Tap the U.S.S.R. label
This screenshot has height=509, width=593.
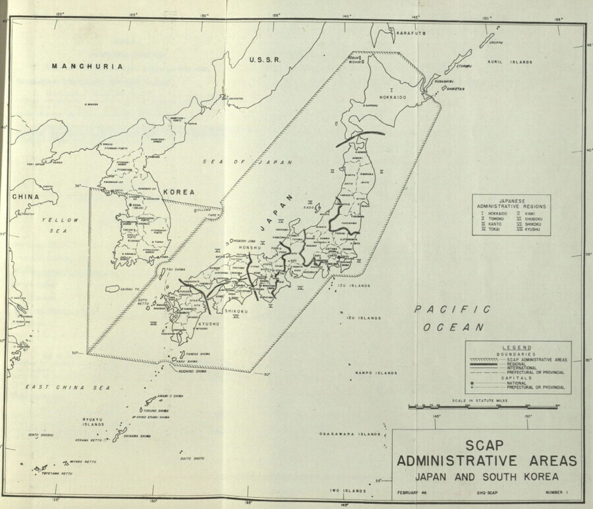[265, 60]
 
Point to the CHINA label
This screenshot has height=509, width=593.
[24, 197]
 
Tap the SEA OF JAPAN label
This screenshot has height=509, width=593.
[244, 162]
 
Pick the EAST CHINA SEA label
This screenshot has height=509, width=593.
[67, 388]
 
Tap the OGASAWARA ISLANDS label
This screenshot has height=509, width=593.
[350, 435]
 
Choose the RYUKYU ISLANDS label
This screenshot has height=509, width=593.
[94, 421]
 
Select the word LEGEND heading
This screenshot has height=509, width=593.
[517, 347]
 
